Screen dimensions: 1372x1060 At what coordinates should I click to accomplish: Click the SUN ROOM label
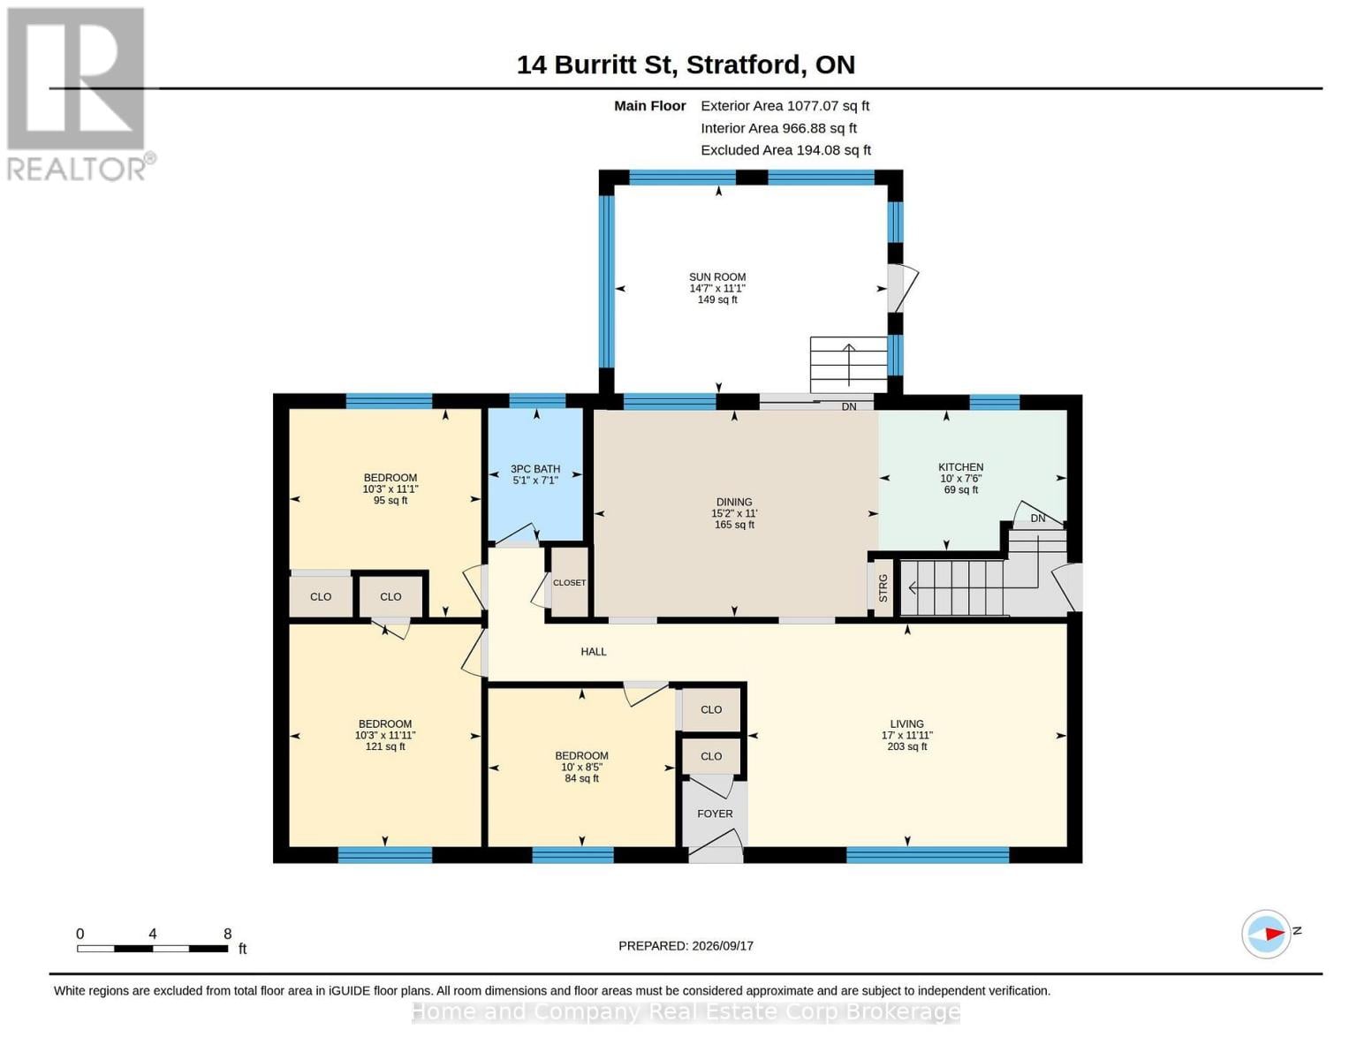point(716,276)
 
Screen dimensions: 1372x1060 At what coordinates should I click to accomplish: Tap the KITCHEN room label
point(960,467)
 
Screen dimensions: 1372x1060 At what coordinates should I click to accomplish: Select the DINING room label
point(733,503)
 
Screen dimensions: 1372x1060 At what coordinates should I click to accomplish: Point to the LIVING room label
point(906,724)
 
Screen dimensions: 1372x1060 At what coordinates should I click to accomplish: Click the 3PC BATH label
point(535,469)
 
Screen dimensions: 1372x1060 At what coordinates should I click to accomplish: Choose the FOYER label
point(715,814)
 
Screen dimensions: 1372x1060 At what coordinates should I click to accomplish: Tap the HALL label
point(594,652)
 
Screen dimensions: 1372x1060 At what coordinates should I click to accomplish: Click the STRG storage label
point(883,588)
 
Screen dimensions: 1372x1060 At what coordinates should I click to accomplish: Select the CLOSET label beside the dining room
point(569,583)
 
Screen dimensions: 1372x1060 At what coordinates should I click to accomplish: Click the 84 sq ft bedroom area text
point(581,778)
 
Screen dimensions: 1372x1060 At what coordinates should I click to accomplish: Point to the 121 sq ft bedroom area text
point(385,746)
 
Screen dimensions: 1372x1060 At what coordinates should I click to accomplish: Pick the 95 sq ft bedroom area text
point(390,500)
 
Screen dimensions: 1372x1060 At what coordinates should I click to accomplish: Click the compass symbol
point(1266,934)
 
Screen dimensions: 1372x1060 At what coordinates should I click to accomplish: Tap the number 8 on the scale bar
point(227,933)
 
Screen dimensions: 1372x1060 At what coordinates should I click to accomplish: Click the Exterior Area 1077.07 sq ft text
point(785,106)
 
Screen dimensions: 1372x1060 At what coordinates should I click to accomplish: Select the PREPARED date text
point(686,946)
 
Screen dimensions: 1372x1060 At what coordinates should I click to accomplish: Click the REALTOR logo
point(79,95)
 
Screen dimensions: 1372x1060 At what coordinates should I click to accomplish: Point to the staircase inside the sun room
point(849,365)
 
